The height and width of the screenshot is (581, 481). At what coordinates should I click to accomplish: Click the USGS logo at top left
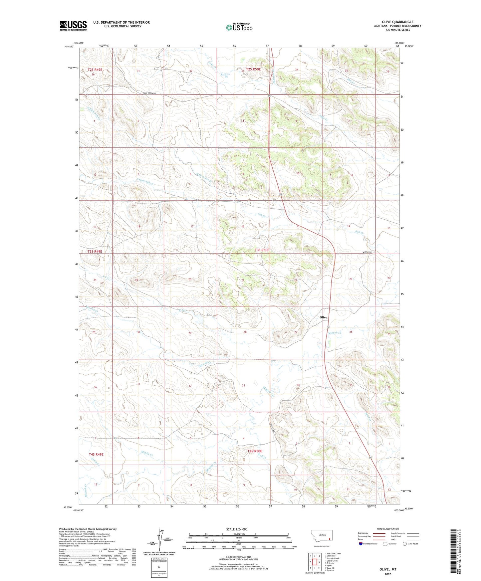tap(73, 26)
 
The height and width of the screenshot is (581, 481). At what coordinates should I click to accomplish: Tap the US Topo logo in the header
tap(239, 27)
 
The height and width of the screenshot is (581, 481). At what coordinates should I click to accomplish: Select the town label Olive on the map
tap(323, 317)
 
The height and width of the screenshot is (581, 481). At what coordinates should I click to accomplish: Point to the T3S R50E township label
tap(262, 250)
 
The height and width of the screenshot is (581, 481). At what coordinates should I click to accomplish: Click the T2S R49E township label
tap(95, 70)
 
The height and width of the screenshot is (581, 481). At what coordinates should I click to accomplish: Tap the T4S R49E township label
tap(96, 454)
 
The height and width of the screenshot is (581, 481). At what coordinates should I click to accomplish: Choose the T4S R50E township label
tap(255, 451)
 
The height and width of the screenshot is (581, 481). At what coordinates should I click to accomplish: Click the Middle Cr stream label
tap(146, 454)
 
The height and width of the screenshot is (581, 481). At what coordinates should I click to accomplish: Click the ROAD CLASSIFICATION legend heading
tap(387, 529)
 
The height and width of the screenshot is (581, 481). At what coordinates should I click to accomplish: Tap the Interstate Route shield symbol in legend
tap(361, 544)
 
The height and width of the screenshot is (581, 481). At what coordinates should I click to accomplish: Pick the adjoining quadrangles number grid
tap(315, 562)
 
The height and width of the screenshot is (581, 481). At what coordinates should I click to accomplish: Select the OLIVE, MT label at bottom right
tap(388, 569)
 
